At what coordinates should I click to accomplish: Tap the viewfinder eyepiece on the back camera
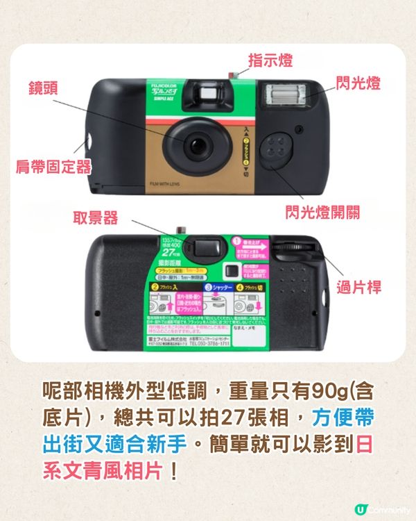tap(204, 245)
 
